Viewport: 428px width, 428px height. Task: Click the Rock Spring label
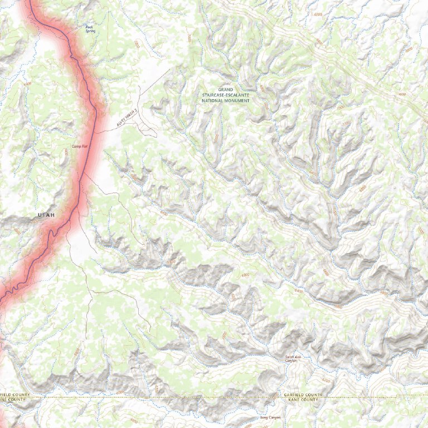click(x=90, y=28)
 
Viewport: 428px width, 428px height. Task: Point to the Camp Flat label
click(x=80, y=146)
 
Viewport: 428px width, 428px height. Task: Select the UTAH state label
click(x=47, y=215)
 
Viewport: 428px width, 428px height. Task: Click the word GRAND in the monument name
click(x=226, y=89)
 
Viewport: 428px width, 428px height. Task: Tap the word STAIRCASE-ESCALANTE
click(x=226, y=95)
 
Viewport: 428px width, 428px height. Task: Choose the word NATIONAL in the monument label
click(x=215, y=100)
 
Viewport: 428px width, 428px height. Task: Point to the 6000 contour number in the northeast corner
click(x=402, y=95)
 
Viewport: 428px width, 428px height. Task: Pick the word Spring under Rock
click(x=90, y=31)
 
